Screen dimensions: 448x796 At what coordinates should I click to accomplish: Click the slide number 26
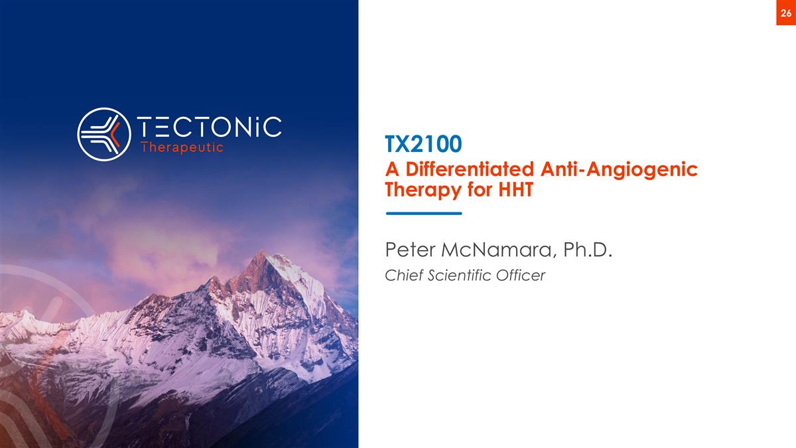click(785, 13)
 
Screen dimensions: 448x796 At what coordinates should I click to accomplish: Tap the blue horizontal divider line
click(423, 213)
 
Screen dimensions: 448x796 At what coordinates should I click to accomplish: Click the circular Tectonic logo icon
click(103, 134)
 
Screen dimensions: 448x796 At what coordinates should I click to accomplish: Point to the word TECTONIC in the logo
click(209, 127)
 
